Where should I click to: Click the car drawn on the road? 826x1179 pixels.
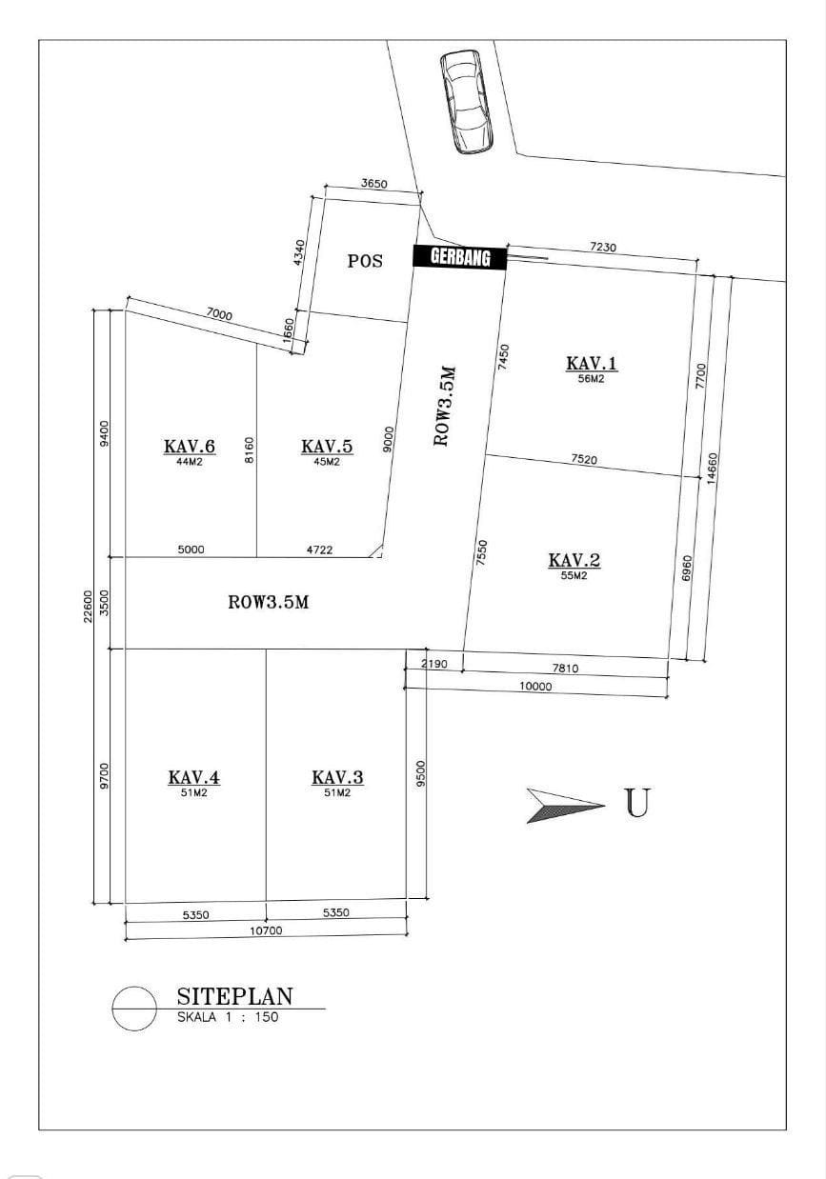(467, 102)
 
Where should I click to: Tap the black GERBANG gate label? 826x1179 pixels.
(459, 257)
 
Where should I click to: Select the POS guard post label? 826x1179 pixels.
(365, 261)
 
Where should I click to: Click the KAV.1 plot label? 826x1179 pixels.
(592, 363)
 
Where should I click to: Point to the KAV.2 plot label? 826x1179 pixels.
(574, 560)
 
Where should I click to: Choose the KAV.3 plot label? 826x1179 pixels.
(337, 777)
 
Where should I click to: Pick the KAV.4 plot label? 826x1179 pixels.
(193, 777)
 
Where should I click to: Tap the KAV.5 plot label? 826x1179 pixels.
(327, 447)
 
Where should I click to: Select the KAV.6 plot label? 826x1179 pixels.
(190, 447)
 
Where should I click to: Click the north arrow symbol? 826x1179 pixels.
(564, 806)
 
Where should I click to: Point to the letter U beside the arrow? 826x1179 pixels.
(637, 803)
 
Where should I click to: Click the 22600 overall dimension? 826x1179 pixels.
(88, 607)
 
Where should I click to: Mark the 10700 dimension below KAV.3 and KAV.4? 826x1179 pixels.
(266, 931)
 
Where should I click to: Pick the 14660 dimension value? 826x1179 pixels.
(712, 469)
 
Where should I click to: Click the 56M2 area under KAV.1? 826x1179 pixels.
(591, 378)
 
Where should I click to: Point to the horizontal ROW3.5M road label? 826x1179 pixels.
(268, 602)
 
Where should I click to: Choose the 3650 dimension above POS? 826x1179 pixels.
(373, 184)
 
